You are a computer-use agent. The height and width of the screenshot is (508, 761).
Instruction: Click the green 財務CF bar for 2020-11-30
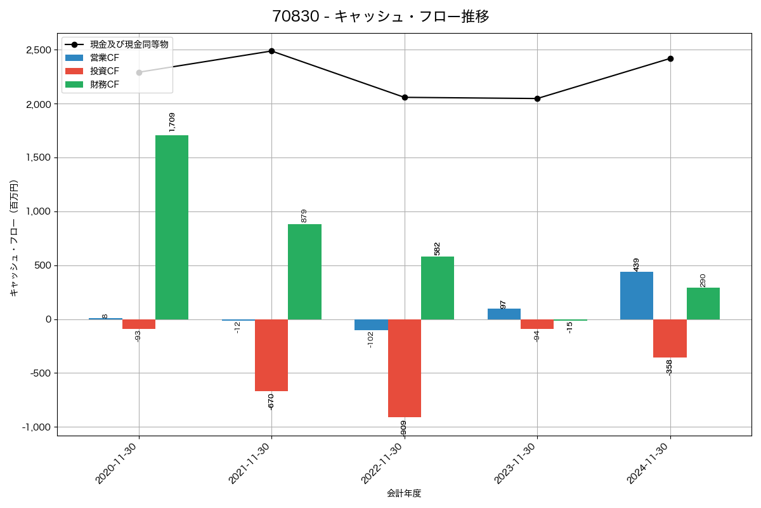coord(172,227)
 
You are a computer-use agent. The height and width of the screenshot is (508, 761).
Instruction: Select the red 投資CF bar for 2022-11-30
coord(405,368)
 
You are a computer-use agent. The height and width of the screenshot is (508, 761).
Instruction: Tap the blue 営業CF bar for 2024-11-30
coord(637,295)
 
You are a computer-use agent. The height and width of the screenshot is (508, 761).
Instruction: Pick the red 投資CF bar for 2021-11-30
coord(271,355)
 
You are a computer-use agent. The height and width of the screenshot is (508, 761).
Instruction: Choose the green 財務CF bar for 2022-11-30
coord(438,288)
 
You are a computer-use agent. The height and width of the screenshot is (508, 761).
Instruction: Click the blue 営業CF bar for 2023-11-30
coord(504,314)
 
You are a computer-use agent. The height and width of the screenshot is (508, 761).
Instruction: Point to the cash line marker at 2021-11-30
coord(271,51)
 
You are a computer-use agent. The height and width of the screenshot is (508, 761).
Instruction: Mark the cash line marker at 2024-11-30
coord(670,58)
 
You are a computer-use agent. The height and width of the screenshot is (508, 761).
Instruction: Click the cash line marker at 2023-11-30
coord(537,98)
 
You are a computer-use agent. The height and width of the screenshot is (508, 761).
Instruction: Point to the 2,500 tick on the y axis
coord(39,50)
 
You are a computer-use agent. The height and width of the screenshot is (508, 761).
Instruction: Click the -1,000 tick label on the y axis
coord(37,427)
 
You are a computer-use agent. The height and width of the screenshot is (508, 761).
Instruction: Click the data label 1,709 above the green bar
coord(172,122)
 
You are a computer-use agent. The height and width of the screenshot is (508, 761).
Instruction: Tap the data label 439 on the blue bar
coord(636,264)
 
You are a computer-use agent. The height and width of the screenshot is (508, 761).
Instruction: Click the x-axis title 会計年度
coord(404,493)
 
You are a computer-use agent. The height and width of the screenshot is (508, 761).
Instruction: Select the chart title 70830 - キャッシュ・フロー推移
coord(380,17)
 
